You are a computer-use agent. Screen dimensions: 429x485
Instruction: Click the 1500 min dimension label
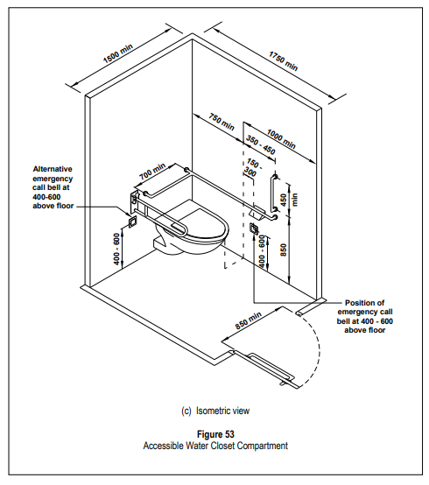pyautogui.click(x=118, y=53)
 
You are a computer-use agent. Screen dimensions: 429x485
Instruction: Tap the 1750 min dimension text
pyautogui.click(x=284, y=61)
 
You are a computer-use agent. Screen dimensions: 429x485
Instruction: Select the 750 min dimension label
pyautogui.click(x=222, y=122)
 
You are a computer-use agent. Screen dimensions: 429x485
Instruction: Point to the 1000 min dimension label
pyautogui.click(x=281, y=139)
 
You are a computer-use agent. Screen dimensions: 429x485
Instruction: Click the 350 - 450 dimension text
pyautogui.click(x=261, y=144)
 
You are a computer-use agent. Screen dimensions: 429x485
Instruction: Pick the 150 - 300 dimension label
pyautogui.click(x=253, y=167)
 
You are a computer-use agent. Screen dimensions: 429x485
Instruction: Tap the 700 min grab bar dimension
pyautogui.click(x=152, y=172)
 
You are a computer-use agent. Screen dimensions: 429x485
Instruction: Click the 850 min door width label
pyautogui.click(x=249, y=320)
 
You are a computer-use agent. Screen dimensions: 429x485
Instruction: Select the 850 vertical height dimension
pyautogui.click(x=284, y=250)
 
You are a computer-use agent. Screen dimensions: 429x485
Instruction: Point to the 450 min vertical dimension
pyautogui.click(x=289, y=200)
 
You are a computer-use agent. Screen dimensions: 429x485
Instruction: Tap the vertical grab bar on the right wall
pyautogui.click(x=274, y=194)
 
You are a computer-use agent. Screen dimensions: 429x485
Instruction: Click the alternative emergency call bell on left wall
pyautogui.click(x=133, y=222)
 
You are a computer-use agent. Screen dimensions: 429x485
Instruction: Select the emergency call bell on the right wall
pyautogui.click(x=254, y=228)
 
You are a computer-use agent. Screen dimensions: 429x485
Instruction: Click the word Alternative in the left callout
pyautogui.click(x=53, y=169)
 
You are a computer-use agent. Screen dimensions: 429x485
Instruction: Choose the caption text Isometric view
pyautogui.click(x=222, y=411)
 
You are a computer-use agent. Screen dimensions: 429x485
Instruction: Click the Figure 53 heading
pyautogui.click(x=215, y=434)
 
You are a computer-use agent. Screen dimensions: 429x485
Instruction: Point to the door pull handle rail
pyautogui.click(x=271, y=366)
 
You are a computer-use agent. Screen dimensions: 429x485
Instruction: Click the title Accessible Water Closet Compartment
pyautogui.click(x=215, y=446)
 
